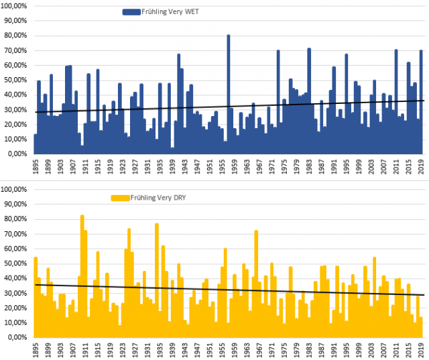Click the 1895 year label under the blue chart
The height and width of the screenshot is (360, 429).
36,168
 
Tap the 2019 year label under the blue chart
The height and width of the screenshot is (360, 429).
421,168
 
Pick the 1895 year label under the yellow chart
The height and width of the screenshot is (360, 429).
36,350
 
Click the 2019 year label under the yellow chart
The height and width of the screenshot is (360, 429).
421,350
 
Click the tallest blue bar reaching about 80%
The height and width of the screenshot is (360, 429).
228,94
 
